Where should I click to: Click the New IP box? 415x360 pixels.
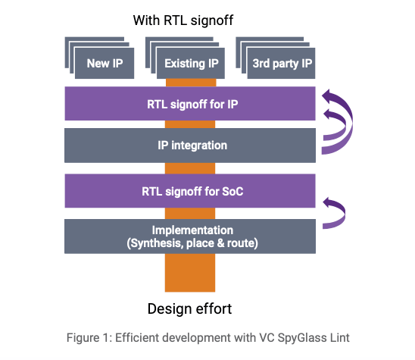tap(105, 63)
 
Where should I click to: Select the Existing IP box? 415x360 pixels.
tap(191, 63)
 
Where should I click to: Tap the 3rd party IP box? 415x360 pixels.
tap(281, 63)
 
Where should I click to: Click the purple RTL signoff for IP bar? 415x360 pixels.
tap(190, 104)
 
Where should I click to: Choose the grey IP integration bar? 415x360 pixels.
tap(190, 146)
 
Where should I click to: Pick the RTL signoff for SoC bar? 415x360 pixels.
tap(190, 191)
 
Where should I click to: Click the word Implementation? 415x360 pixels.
tap(192, 230)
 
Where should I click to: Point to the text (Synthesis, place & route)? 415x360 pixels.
tap(192, 243)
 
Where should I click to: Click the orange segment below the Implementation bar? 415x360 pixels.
tap(190, 273)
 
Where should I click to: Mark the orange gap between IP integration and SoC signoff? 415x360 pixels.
tap(190, 168)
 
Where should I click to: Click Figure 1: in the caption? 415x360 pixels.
tap(89, 338)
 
